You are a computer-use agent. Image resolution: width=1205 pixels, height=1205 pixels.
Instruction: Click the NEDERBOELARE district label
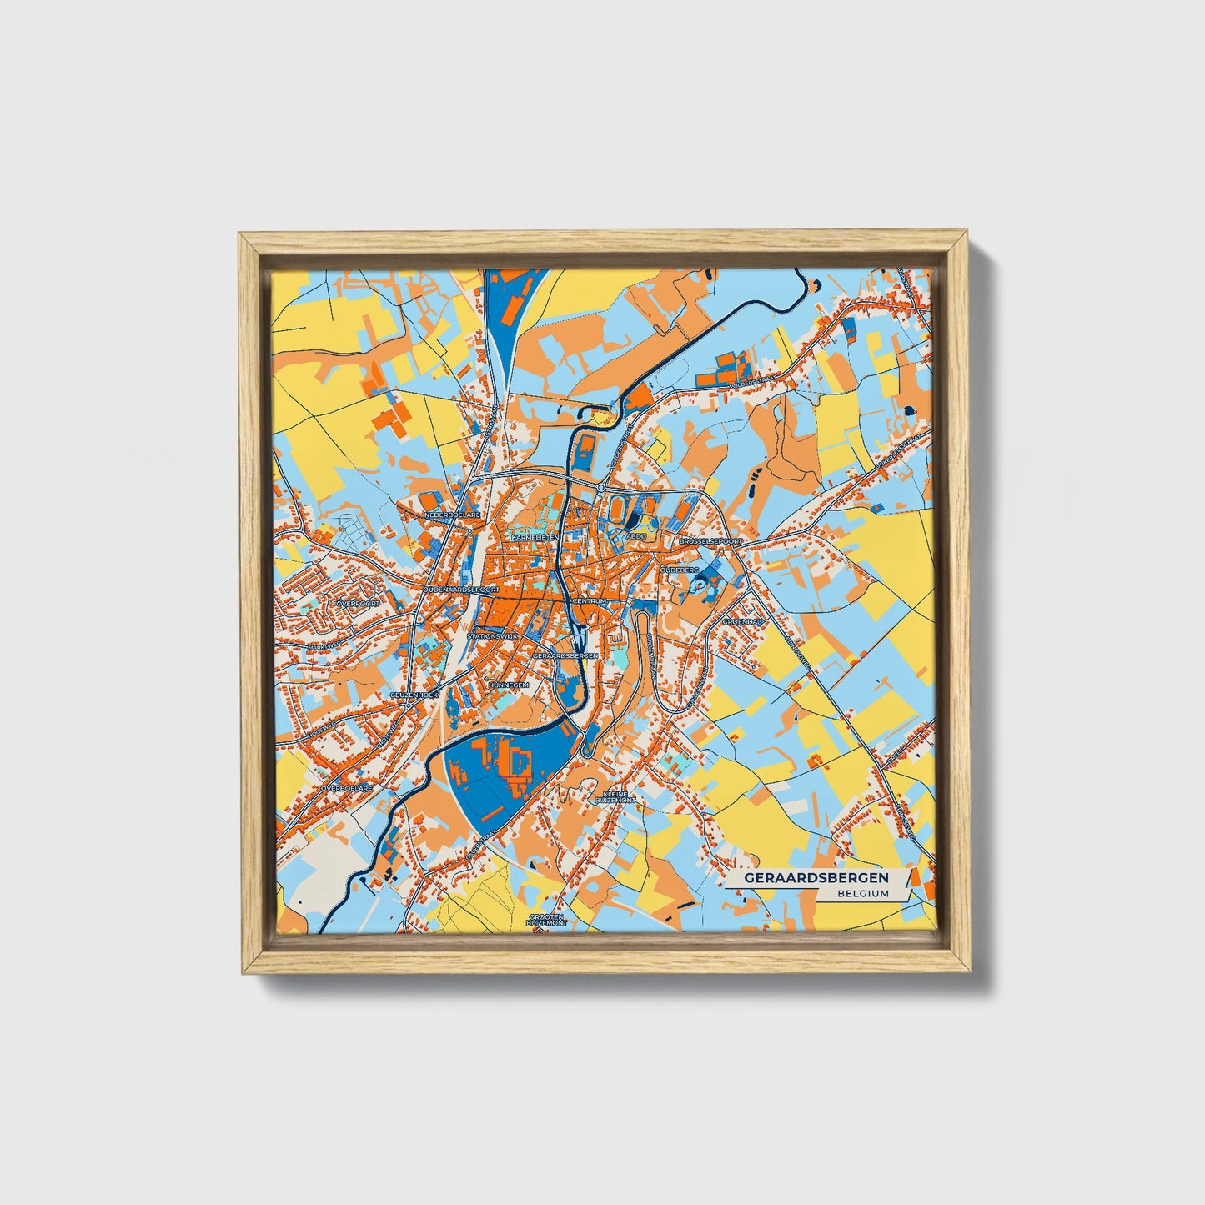pos(453,516)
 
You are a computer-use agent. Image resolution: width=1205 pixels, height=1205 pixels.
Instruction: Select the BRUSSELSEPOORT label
pos(710,541)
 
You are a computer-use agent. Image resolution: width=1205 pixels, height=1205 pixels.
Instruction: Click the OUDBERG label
pos(679,569)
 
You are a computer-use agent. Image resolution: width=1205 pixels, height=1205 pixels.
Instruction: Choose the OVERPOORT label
pos(357,602)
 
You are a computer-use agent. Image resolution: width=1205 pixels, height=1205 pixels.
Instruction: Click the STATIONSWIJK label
pos(493,636)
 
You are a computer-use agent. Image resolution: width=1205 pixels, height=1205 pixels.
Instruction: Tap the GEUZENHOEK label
pos(414,695)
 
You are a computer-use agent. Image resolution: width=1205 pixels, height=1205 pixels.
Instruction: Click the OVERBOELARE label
pos(347,786)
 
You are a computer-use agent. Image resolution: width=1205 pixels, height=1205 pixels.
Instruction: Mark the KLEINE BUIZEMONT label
pos(615,797)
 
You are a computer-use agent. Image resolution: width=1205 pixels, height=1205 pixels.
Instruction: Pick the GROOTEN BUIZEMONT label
pos(547,920)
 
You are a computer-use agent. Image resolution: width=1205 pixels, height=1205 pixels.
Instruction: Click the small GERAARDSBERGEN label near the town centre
pos(565,656)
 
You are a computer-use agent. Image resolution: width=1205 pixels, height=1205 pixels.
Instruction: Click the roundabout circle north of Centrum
pos(600,487)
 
